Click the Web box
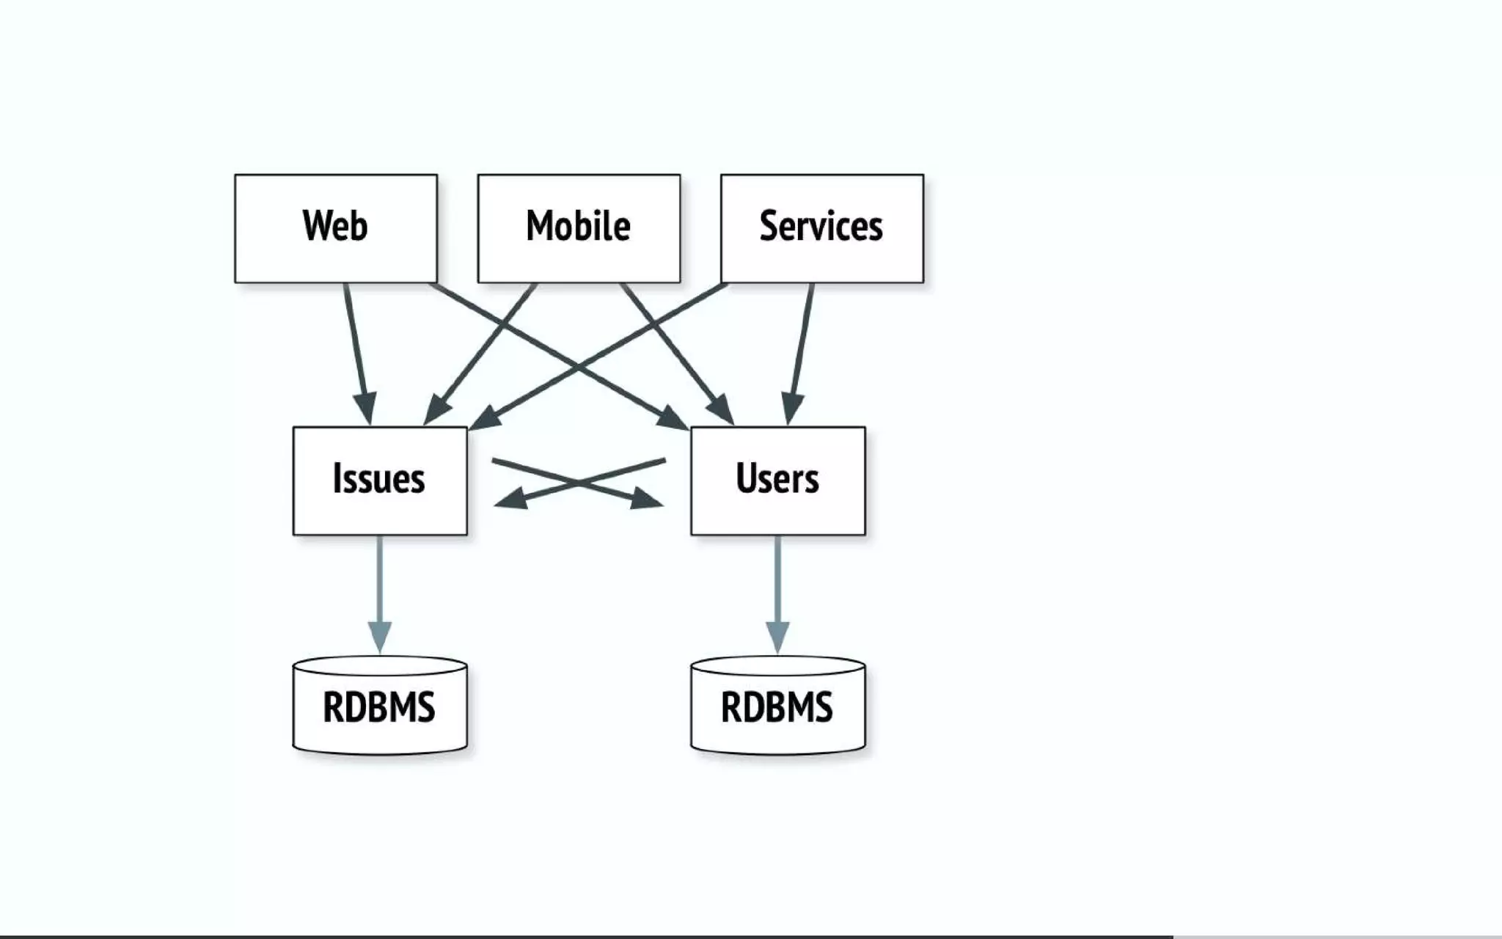[x=336, y=228]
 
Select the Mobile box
[x=579, y=228]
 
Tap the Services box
[x=821, y=228]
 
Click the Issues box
[x=379, y=481]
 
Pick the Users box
[x=777, y=481]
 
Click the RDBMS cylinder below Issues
[x=379, y=706]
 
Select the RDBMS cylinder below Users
[x=777, y=706]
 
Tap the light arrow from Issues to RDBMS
[x=379, y=580]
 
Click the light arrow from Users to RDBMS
[x=777, y=580]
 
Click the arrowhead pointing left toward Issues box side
[x=512, y=500]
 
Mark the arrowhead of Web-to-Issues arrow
[x=366, y=408]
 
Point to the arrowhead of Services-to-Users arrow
[x=791, y=408]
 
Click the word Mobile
[x=579, y=226]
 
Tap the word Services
[x=821, y=226]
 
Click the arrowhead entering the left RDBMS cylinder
[x=379, y=635]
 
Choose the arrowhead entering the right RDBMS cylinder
[x=777, y=635]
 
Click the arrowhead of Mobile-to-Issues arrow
[x=438, y=410]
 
